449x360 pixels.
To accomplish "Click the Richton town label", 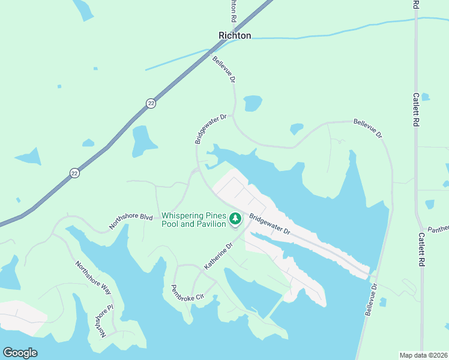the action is pos(235,35).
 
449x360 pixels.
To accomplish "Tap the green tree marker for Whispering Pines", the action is pos(235,220).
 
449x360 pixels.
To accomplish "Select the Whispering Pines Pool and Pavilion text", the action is pos(193,220).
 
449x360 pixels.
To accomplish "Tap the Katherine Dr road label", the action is pos(217,256).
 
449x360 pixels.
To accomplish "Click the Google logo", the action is pos(20,353).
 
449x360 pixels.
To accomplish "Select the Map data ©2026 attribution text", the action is pos(423,355).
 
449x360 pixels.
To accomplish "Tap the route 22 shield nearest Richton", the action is pos(151,104).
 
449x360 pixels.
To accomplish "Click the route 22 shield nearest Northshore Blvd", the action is pos(74,173).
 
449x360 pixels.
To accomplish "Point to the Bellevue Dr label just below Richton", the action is pos(224,69).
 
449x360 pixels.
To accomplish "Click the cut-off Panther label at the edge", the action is pos(439,229).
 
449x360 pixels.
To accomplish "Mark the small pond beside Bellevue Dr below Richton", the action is pos(253,103).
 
